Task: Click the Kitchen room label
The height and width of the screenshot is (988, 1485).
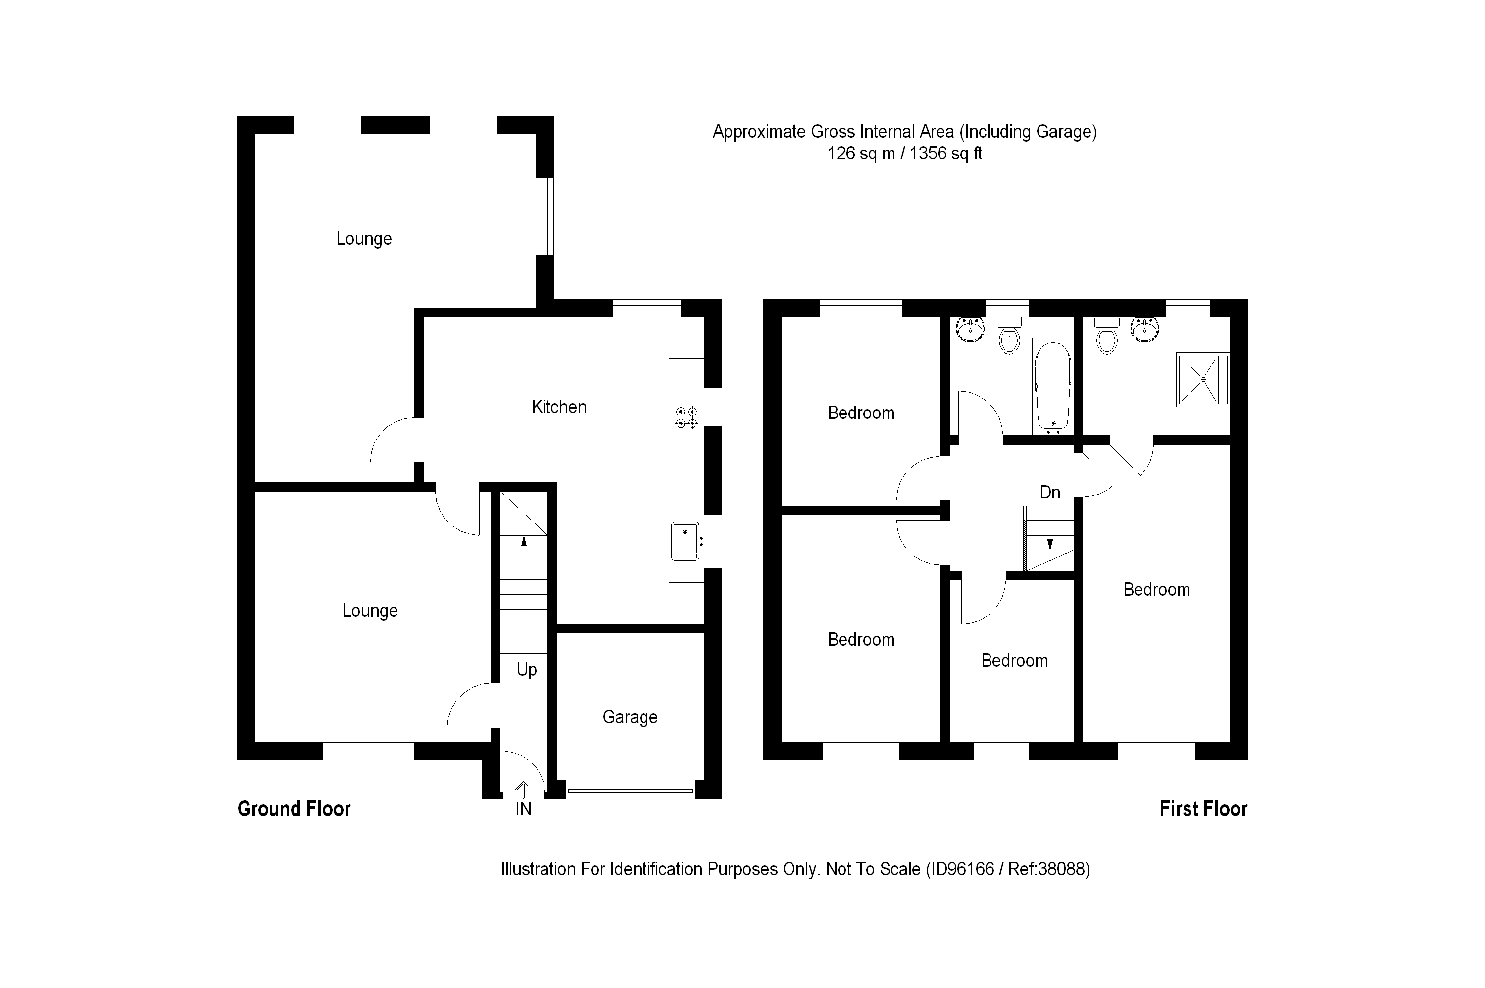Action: [558, 407]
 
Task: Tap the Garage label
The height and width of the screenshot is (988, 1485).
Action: [630, 717]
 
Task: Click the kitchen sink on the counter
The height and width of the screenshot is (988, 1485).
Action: [685, 541]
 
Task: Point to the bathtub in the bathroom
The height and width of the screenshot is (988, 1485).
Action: [1052, 387]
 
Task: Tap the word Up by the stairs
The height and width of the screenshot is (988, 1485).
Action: [527, 669]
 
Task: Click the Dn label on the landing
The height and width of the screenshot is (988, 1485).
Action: [1050, 492]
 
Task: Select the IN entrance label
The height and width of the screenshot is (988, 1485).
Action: [523, 809]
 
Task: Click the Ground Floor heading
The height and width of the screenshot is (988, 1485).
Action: [294, 809]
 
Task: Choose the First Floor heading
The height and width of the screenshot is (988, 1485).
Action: [1203, 809]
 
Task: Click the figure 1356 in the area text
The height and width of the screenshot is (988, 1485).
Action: [928, 154]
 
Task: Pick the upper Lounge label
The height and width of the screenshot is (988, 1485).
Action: [364, 239]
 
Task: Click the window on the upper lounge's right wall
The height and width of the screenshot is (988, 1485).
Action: [545, 216]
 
